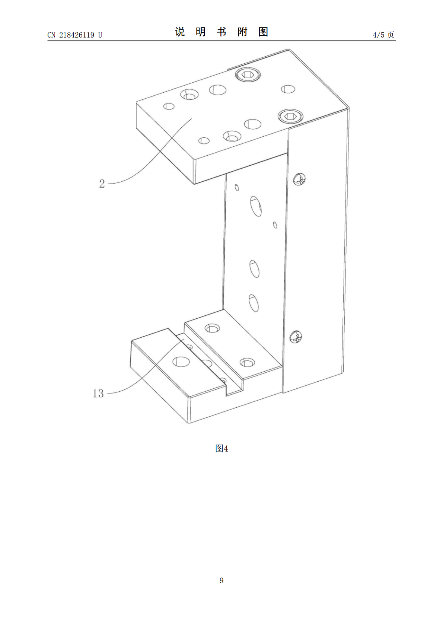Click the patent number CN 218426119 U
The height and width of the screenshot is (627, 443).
pyautogui.click(x=75, y=35)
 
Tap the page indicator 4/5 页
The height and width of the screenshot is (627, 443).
pyautogui.click(x=383, y=35)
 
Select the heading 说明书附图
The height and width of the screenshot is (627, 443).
pyautogui.click(x=221, y=32)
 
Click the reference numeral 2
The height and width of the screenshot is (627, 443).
pyautogui.click(x=102, y=184)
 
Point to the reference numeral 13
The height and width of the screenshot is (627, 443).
pyautogui.click(x=98, y=393)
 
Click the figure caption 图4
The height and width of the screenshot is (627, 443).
pyautogui.click(x=221, y=448)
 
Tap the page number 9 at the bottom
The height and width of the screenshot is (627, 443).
pyautogui.click(x=221, y=580)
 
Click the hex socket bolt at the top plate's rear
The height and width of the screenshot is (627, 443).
pyautogui.click(x=248, y=75)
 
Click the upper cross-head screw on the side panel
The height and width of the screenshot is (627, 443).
pyautogui.click(x=299, y=179)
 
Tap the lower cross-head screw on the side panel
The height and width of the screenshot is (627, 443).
pyautogui.click(x=296, y=337)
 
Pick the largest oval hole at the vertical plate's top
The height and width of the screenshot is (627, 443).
pyautogui.click(x=256, y=206)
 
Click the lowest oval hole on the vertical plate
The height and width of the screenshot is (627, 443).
pyautogui.click(x=254, y=303)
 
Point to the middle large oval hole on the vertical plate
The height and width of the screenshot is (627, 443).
pyautogui.click(x=254, y=269)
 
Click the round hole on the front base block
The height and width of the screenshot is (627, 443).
pyautogui.click(x=181, y=362)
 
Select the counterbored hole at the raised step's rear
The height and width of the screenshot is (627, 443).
pyautogui.click(x=212, y=328)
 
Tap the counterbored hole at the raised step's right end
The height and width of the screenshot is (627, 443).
pyautogui.click(x=247, y=362)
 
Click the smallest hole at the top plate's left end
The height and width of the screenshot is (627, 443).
pyautogui.click(x=169, y=106)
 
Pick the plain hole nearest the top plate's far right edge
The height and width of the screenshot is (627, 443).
pyautogui.click(x=288, y=89)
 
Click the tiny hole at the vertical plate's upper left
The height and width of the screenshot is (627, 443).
pyautogui.click(x=237, y=188)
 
